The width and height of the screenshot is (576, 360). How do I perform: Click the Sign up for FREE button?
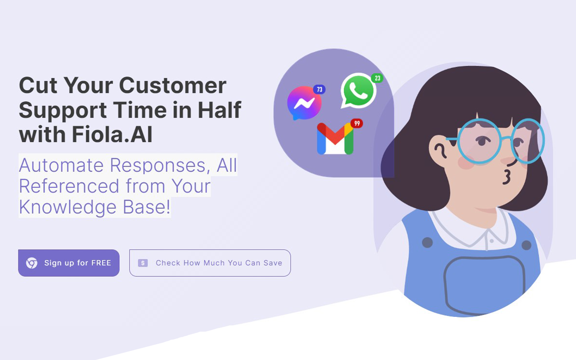(69, 263)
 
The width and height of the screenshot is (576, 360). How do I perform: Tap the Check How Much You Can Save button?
(210, 263)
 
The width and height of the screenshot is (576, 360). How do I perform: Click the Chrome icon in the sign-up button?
(31, 263)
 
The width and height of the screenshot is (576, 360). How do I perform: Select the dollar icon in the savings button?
(143, 263)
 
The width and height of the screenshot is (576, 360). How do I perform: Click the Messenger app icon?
(304, 103)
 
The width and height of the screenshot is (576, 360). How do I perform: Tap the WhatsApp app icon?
(359, 90)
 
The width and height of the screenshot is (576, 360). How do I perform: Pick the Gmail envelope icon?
(335, 139)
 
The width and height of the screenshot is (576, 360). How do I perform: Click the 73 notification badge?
(319, 90)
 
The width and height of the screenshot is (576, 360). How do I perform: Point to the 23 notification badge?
(377, 78)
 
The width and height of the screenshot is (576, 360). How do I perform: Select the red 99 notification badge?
(357, 123)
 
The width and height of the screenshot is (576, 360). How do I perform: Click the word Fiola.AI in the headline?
(112, 134)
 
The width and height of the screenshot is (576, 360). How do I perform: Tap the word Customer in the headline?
(172, 85)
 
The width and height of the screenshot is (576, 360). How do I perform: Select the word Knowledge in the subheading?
(67, 207)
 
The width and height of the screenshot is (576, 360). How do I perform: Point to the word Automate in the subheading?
(61, 165)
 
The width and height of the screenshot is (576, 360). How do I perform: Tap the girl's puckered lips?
(507, 177)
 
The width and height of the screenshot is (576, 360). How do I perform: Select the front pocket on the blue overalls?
(484, 285)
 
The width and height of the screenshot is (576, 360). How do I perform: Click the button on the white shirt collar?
(491, 241)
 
